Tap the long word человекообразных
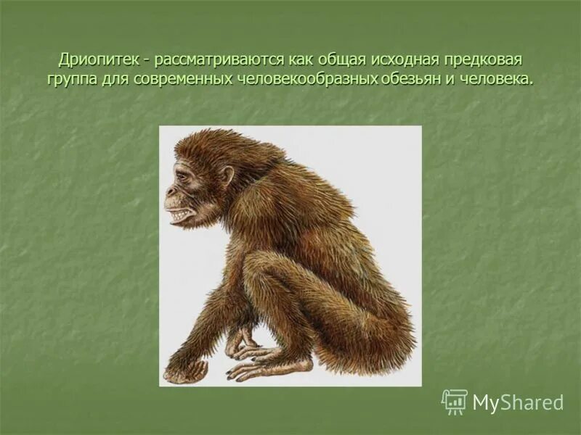coord(306,78)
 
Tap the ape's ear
coord(227,177)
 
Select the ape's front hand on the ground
coord(185,371)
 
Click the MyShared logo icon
coord(455,401)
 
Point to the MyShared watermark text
coord(518,402)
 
